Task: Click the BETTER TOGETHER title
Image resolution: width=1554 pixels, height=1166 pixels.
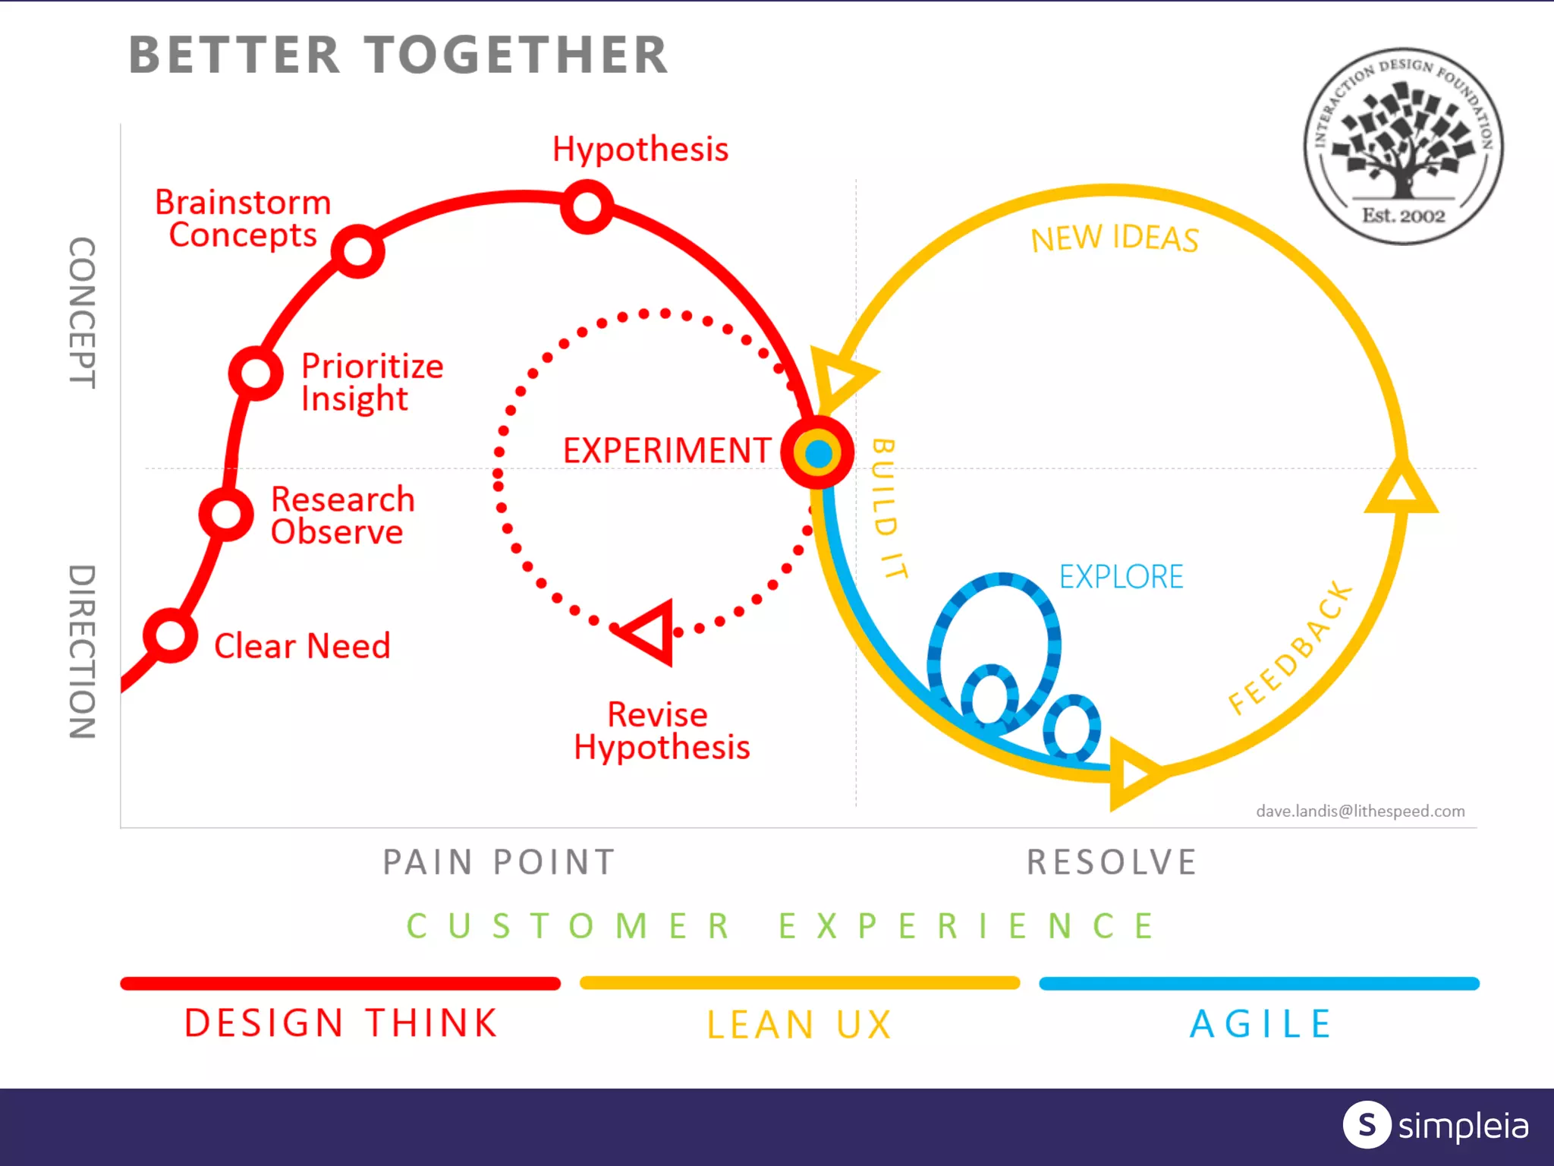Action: (398, 55)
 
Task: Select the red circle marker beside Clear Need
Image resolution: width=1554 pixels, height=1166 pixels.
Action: (171, 635)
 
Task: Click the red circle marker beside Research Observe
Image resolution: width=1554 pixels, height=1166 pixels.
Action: (226, 514)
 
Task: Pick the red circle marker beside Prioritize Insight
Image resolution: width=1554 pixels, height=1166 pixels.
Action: (256, 373)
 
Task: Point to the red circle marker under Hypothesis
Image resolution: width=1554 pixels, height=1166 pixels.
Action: (587, 206)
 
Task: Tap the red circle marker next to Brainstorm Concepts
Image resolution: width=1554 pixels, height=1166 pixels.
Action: (358, 251)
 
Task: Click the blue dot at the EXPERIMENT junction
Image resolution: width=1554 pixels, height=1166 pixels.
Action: (818, 453)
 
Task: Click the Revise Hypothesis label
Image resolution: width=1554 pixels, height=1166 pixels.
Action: (661, 730)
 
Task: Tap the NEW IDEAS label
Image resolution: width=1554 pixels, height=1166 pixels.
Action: (1114, 239)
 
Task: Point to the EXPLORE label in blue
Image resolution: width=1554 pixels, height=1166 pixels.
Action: (1121, 577)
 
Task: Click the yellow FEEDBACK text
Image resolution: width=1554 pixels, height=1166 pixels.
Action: (1290, 649)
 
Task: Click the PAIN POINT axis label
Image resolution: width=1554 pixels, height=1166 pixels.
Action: (499, 862)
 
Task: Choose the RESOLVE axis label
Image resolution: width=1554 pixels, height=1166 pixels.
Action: (1112, 862)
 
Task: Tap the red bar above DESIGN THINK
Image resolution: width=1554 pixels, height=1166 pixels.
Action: (340, 984)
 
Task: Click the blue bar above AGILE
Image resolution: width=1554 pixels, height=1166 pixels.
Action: (1259, 984)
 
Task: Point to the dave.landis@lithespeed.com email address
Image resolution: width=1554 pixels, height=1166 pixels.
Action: (1360, 811)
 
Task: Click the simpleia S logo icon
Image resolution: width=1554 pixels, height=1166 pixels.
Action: (1367, 1124)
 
